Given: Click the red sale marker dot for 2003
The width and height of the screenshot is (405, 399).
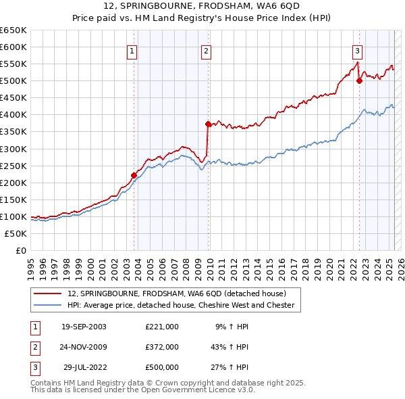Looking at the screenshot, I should pos(134,175).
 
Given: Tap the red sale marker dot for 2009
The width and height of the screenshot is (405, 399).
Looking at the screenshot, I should pos(208,124).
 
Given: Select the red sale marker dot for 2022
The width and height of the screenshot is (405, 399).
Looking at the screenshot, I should pos(359,80).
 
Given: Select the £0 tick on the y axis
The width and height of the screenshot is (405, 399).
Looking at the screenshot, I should pos(22,250).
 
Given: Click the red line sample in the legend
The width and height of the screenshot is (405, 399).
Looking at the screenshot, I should pos(48,294).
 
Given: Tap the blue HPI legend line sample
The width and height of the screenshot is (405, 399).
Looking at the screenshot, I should pos(48,305).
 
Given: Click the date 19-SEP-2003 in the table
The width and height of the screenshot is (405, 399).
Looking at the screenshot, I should pos(84,326).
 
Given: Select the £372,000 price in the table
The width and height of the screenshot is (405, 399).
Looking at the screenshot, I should pos(161,346).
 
